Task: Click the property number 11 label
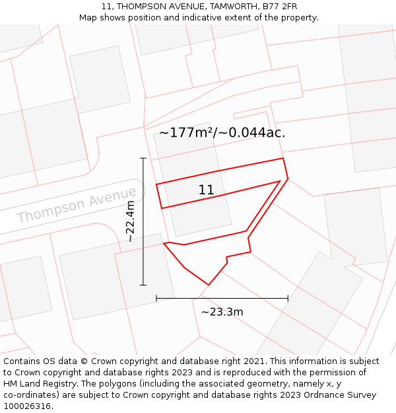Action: (206, 190)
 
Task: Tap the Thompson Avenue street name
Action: (76, 205)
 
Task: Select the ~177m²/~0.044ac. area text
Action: (222, 132)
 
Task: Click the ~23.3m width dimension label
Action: (222, 312)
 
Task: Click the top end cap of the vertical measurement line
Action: (143, 159)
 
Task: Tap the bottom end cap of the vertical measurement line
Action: (143, 285)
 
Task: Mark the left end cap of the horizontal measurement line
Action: (156, 298)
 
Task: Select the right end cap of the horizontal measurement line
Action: (288, 298)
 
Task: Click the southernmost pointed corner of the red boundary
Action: (209, 285)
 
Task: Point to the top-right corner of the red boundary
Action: (283, 159)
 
